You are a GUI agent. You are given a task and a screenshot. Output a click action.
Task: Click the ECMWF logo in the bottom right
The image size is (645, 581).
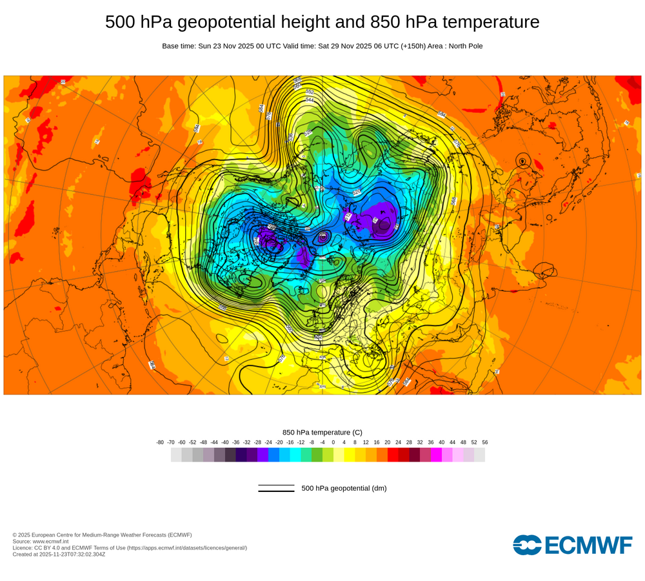coord(573,545)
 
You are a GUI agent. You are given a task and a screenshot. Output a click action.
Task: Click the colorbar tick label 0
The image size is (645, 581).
coord(333,442)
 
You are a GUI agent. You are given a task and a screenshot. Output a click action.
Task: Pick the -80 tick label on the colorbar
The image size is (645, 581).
coord(160,442)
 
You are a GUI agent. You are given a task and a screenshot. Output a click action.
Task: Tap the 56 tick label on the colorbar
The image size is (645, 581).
coord(485,442)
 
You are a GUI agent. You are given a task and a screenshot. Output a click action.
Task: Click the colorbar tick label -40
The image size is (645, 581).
coord(225,442)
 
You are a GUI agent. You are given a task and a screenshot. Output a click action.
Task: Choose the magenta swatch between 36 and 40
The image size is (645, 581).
coord(436,454)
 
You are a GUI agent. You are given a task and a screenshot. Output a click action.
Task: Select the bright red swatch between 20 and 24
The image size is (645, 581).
coord(393,454)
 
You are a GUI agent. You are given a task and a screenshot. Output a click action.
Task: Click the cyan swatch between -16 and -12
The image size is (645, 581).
coord(295,454)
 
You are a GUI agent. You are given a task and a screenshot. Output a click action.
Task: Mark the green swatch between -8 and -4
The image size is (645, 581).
coord(317,454)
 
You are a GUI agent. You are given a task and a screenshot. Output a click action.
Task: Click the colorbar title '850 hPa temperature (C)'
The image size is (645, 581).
coord(322,432)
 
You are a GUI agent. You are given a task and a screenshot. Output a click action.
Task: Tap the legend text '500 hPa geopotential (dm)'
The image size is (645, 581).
coord(344,488)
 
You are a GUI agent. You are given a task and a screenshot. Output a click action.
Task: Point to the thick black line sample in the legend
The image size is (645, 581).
coord(276,491)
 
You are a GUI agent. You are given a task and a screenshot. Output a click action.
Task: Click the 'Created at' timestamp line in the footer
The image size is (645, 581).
coord(59,554)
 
